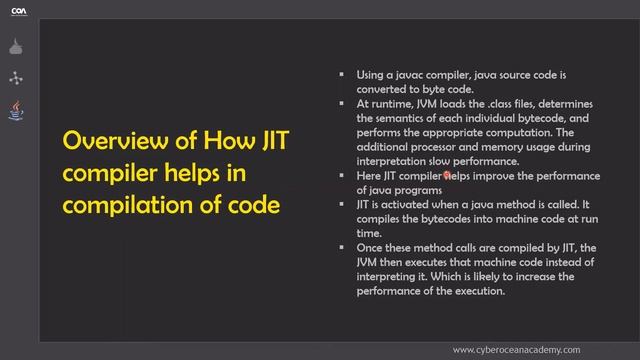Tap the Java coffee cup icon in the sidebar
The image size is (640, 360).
(x=16, y=109)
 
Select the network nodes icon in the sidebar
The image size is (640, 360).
(x=16, y=78)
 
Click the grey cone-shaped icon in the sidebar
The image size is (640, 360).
(x=16, y=47)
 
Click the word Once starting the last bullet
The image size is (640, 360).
(x=370, y=247)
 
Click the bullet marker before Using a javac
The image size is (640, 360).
(x=342, y=74)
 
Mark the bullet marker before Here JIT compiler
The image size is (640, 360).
(x=342, y=175)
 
